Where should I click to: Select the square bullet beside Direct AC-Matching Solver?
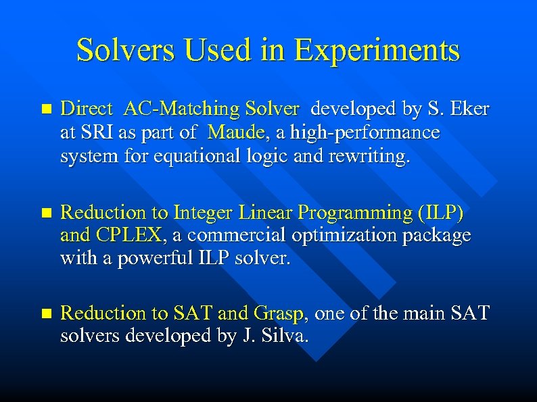pyautogui.click(x=46, y=109)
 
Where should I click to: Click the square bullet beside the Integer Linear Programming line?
pyautogui.click(x=46, y=213)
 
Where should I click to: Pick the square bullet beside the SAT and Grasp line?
pyautogui.click(x=46, y=314)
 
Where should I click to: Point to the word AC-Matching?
pyautogui.click(x=175, y=109)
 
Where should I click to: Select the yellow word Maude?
pyautogui.click(x=237, y=133)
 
